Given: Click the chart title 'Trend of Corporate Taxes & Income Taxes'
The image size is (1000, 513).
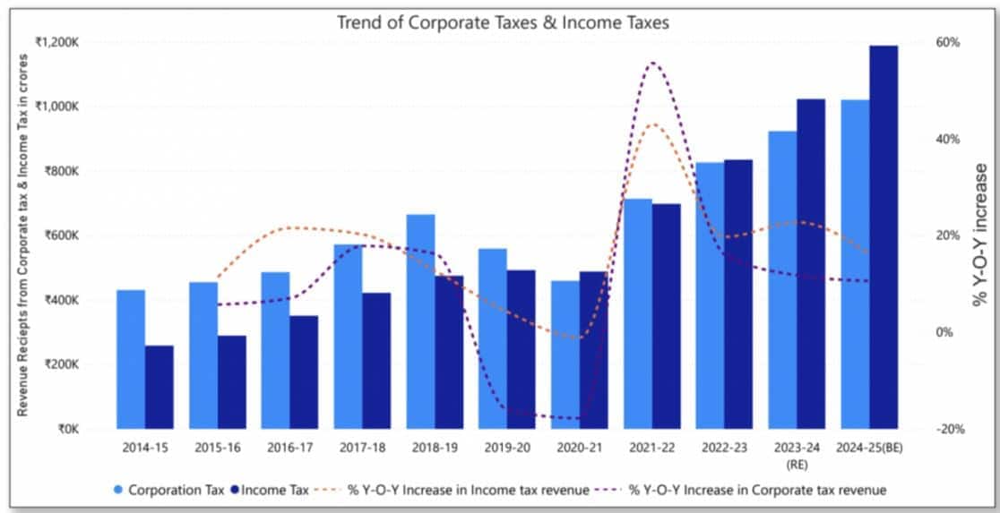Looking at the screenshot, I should click(x=502, y=22).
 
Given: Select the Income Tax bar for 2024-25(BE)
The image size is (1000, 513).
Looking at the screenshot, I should click(x=884, y=237).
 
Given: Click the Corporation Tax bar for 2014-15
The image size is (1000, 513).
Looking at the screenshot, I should click(x=131, y=359).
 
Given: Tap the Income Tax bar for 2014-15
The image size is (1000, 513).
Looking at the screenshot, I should click(x=159, y=387).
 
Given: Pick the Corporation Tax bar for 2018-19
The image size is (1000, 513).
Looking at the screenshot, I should click(x=420, y=321).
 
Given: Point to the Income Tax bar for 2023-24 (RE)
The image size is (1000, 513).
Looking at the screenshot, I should click(x=811, y=264).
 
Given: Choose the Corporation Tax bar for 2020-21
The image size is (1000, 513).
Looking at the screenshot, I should click(x=565, y=355).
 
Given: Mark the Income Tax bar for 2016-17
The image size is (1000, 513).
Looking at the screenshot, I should click(x=304, y=372).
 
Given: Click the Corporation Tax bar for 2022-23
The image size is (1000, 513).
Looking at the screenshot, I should click(x=710, y=295).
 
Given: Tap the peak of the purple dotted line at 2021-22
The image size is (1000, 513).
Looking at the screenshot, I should click(x=652, y=64).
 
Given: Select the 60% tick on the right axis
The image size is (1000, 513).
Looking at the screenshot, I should click(x=948, y=42).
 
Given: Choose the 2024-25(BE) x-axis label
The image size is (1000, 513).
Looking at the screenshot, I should click(x=869, y=444).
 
